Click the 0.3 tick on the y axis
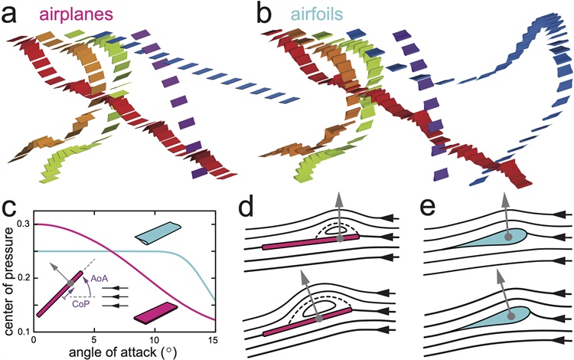click(24, 224)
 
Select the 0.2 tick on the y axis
click(24, 277)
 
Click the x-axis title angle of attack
click(124, 352)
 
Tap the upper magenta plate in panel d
click(310, 243)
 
